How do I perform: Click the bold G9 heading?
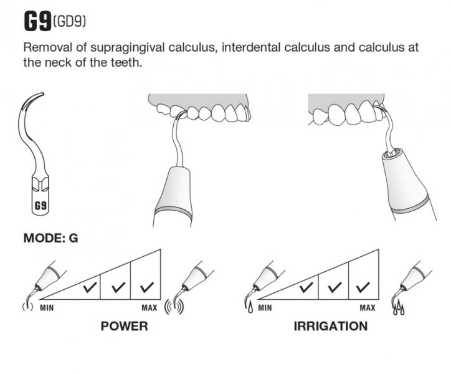[37, 21]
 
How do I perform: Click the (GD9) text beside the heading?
[69, 23]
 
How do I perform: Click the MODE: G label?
[50, 237]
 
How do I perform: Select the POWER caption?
[124, 326]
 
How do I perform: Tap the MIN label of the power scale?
[47, 307]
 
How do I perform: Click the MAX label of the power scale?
[149, 307]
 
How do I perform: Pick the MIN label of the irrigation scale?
[265, 307]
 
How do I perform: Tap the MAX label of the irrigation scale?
[367, 307]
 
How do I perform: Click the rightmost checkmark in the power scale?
[147, 287]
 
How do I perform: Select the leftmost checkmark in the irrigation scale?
[305, 287]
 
